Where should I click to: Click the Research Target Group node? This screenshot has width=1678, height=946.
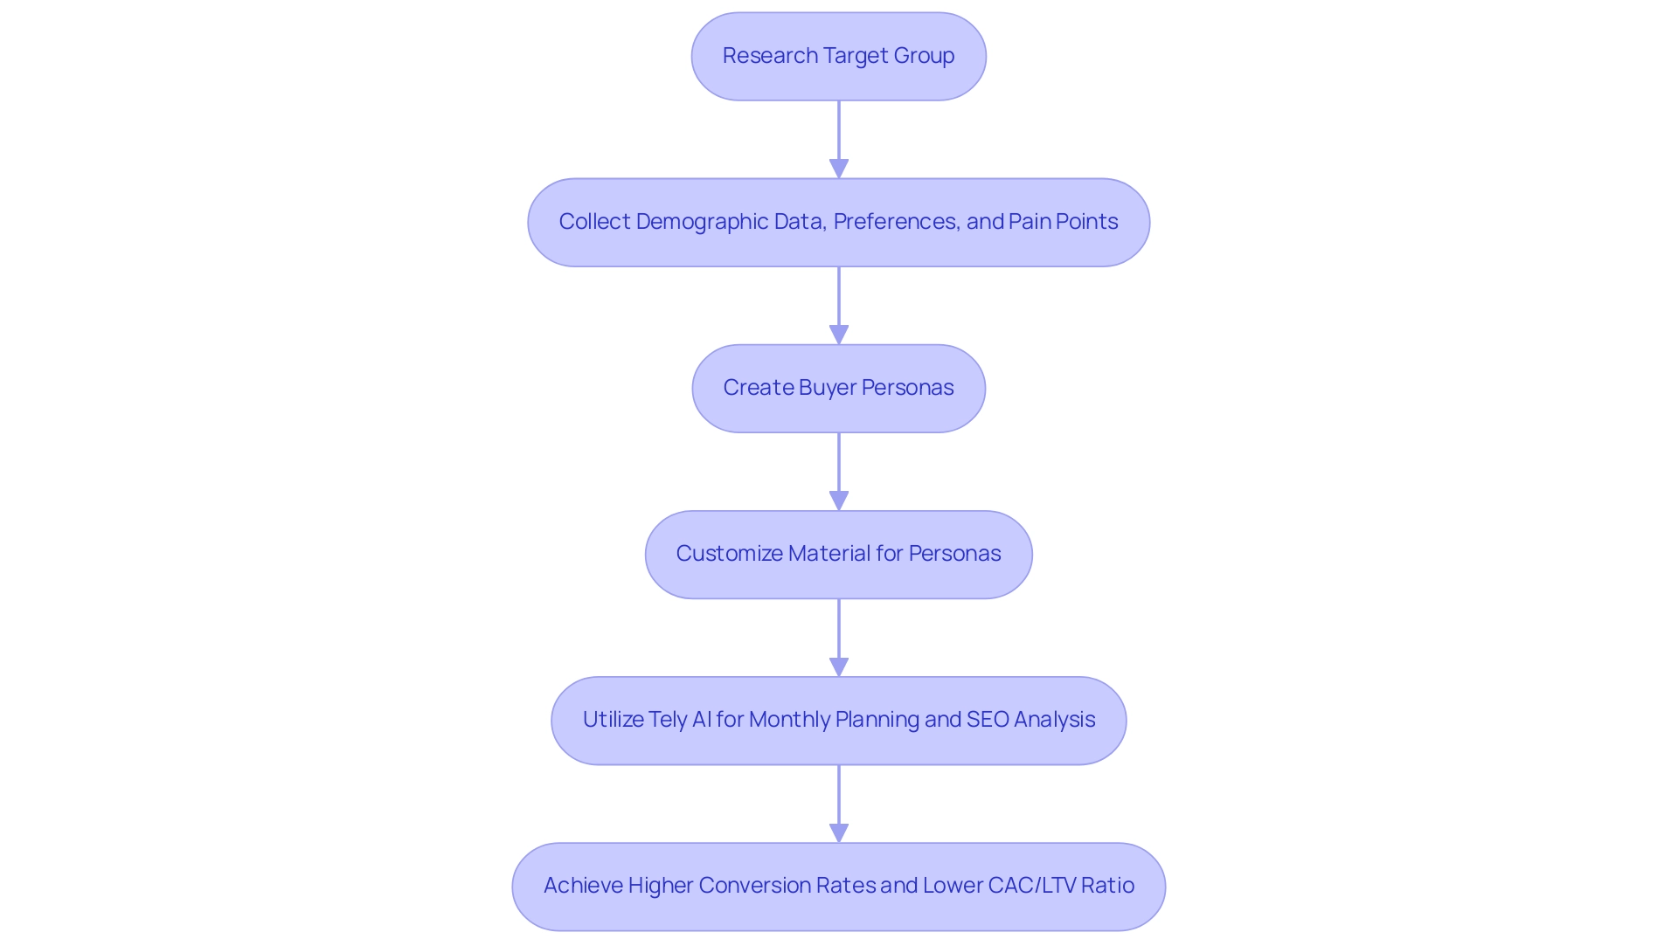click(838, 57)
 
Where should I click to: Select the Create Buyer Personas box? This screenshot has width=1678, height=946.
click(838, 389)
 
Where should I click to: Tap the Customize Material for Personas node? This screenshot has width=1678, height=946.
click(838, 555)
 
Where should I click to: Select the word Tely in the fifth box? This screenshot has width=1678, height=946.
click(668, 720)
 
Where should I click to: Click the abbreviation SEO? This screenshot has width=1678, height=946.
click(988, 720)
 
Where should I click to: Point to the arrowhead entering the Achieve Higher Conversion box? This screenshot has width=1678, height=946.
click(838, 832)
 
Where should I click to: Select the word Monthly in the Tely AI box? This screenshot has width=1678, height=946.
click(789, 720)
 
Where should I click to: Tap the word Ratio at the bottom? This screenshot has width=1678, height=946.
click(1107, 886)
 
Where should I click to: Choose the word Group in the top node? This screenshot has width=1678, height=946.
click(924, 56)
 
